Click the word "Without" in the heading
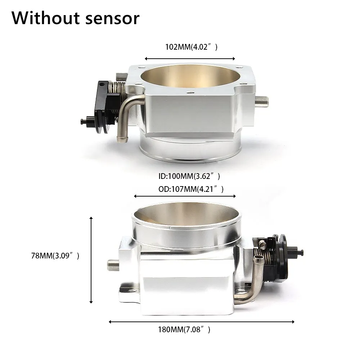(46, 18)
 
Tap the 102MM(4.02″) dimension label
(191, 47)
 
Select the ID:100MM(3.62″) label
(189, 176)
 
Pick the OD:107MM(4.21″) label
(191, 189)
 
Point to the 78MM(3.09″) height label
(55, 256)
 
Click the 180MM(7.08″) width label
(184, 330)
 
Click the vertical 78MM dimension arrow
(91, 260)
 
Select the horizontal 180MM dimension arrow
(201, 322)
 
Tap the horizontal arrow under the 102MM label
(190, 59)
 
